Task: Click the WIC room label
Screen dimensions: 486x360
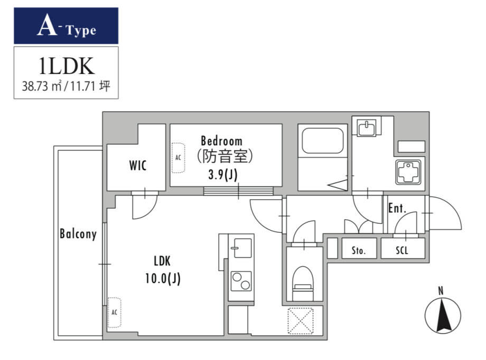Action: tap(138, 165)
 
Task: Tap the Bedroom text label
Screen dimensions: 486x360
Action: tap(222, 141)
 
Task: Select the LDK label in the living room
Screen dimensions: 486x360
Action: tap(162, 261)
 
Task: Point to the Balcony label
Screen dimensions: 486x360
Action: tap(78, 234)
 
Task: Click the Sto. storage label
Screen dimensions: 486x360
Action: tap(359, 250)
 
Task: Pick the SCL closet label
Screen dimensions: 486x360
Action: tap(401, 250)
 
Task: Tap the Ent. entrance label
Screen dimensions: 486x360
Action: tap(397, 208)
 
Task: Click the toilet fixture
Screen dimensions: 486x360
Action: tap(303, 283)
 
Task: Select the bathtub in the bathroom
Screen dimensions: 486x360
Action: tap(323, 141)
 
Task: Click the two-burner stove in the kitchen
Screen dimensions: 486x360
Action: tap(241, 281)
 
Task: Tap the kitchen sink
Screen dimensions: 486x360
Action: tap(241, 248)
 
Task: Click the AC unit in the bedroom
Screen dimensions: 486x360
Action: tap(178, 158)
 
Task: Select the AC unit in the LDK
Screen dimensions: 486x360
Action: tap(115, 312)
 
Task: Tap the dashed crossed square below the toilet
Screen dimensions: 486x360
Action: tap(301, 321)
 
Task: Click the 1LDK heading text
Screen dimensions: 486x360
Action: tap(67, 66)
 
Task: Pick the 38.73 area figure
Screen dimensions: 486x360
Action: tap(35, 86)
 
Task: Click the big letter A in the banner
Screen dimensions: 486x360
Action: tap(47, 25)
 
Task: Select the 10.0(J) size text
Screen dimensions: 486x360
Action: tap(163, 279)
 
